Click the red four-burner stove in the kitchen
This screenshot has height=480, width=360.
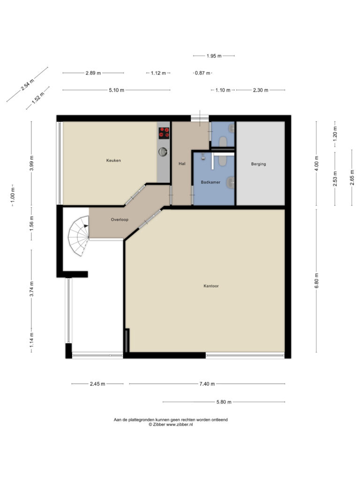[x=164, y=133]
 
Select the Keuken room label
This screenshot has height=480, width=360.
[x=113, y=160]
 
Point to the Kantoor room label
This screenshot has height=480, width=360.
[x=211, y=285]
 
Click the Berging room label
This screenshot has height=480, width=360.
[x=258, y=164]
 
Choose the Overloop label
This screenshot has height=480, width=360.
[x=120, y=219]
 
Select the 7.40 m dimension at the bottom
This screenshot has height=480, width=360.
[x=207, y=384]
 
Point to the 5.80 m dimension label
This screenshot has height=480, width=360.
[x=223, y=402]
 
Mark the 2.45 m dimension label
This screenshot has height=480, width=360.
[x=97, y=384]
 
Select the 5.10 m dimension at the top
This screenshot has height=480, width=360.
[x=116, y=90]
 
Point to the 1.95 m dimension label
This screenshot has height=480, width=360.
[x=214, y=56]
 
